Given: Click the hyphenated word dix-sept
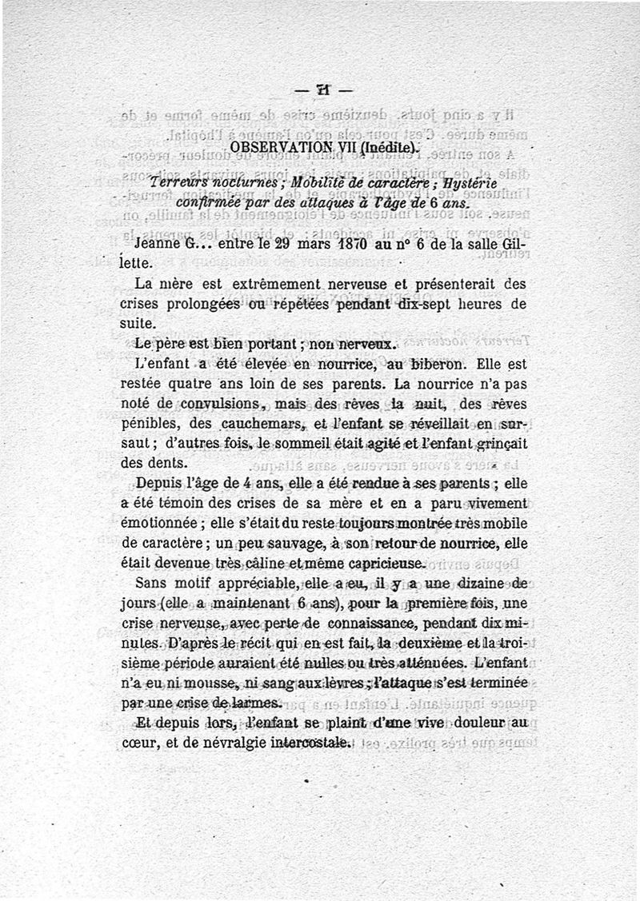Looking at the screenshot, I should coord(433,305).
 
